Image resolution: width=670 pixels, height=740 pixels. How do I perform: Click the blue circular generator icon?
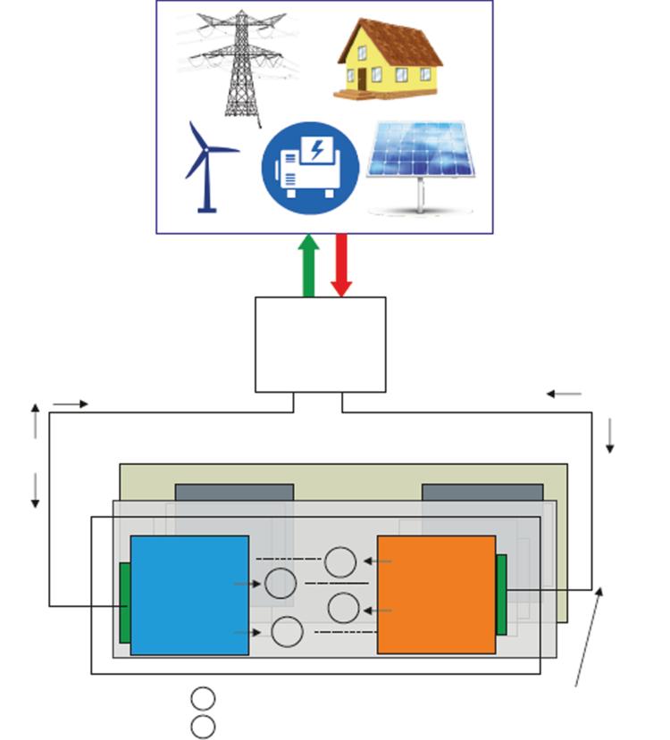pyautogui.click(x=310, y=168)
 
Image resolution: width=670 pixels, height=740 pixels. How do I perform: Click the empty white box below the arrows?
pyautogui.click(x=320, y=345)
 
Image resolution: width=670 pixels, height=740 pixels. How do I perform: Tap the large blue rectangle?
pyautogui.click(x=189, y=594)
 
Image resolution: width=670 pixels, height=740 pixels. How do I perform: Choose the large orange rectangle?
pyautogui.click(x=436, y=594)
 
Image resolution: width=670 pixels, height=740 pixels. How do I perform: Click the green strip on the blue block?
pyautogui.click(x=125, y=603)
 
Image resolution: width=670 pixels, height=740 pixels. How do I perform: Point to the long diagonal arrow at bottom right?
pyautogui.click(x=589, y=636)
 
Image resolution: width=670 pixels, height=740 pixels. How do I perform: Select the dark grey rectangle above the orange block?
pyautogui.click(x=482, y=493)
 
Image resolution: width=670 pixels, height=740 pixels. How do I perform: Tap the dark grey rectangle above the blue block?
pyautogui.click(x=234, y=493)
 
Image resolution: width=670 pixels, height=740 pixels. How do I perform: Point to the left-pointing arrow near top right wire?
pyautogui.click(x=564, y=394)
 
